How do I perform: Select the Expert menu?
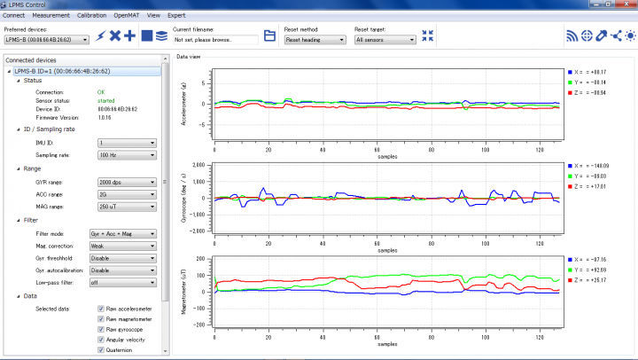176,16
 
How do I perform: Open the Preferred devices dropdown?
45,39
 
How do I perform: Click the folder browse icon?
269,36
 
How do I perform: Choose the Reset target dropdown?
385,39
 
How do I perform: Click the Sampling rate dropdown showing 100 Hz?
128,154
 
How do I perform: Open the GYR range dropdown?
128,181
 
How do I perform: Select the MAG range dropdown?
128,207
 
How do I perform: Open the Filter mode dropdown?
128,233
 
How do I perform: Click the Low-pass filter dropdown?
128,282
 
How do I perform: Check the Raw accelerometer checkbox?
102,308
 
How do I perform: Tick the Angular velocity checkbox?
102,340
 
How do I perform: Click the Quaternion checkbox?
102,350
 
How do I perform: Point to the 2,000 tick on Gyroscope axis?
198,166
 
